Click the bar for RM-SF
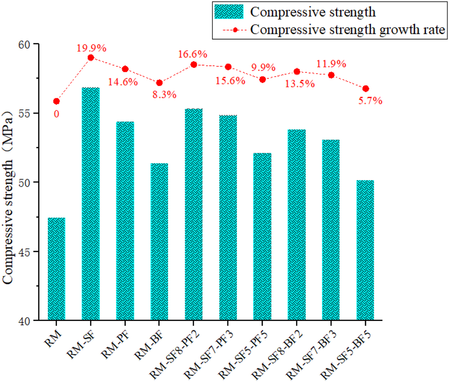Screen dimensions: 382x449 pos(91,204)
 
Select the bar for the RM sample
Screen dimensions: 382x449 pos(56,269)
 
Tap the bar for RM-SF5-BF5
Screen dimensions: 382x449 pos(365,250)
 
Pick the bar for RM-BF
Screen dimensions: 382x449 pos(159,242)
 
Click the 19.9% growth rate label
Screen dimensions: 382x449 pos(92,48)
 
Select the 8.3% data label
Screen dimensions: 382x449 pos(164,95)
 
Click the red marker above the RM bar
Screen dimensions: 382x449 pos(56,101)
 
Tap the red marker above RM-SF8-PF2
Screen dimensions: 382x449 pos(193,64)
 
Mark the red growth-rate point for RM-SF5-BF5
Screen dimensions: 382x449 pos(366,89)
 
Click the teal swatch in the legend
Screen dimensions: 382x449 pos(229,12)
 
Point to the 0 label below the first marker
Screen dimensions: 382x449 pos(56,114)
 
